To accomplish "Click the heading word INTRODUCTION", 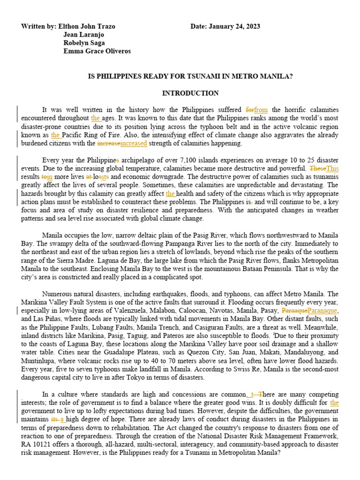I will [190, 93].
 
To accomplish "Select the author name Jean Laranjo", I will [83, 35].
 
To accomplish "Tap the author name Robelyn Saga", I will [85, 43].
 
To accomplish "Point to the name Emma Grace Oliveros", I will [97, 52].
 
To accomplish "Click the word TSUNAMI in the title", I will [210, 76].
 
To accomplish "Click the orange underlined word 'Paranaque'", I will [323, 310].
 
